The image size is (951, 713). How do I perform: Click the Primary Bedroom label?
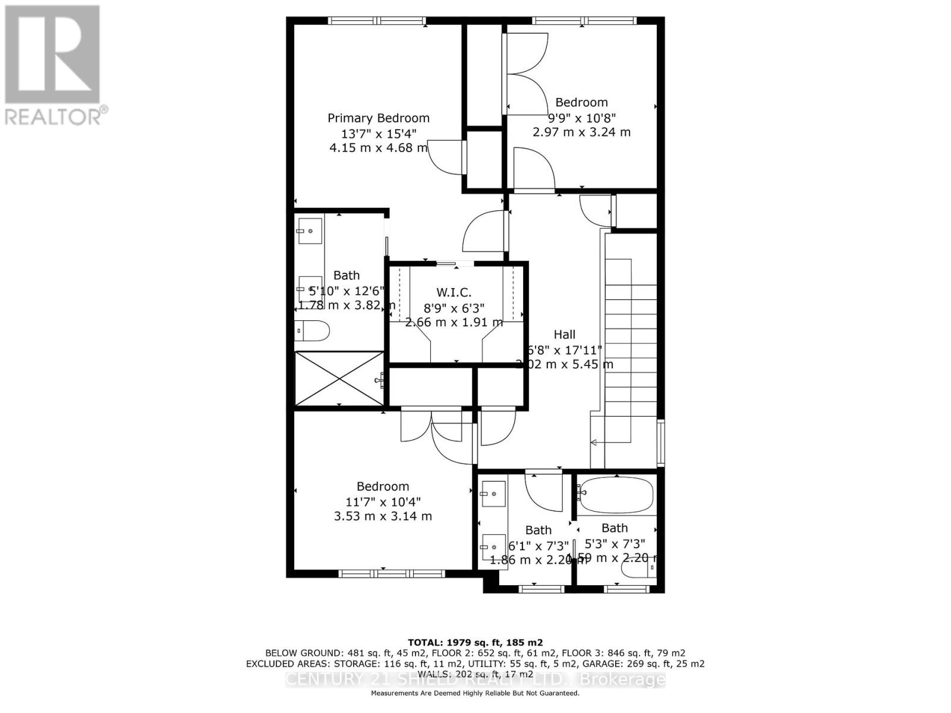coord(378,118)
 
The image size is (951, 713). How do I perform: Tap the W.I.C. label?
coord(454,292)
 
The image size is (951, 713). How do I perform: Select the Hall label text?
coord(564,335)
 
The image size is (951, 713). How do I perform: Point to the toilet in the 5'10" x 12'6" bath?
coord(311,331)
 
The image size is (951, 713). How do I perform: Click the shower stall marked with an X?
coord(339,378)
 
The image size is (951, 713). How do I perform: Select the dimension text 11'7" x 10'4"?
coord(383,501)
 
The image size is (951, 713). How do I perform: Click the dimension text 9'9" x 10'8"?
coord(581,117)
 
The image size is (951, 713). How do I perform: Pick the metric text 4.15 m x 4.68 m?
coord(378,147)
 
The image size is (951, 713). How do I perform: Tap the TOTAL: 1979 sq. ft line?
coord(475,642)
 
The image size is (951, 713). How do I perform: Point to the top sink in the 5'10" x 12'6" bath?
coord(310,231)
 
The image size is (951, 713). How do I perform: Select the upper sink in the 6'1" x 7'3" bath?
coord(493,494)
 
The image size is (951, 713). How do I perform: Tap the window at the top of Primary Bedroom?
coord(377,21)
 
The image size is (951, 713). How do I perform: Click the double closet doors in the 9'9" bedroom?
coord(527,74)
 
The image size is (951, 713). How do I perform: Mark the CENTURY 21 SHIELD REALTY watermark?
coord(475,679)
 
